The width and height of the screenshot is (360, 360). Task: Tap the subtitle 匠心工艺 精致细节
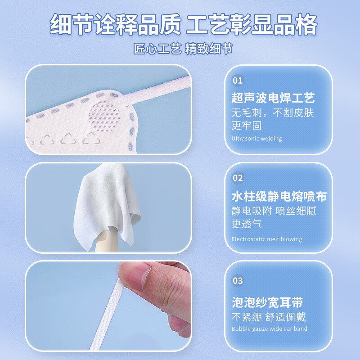tap(183, 49)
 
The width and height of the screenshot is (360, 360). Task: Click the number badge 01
tap(238, 81)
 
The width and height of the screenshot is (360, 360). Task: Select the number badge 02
tap(238, 178)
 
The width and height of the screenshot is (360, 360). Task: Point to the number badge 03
tap(238, 281)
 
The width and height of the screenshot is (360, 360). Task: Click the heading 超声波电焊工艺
tap(273, 98)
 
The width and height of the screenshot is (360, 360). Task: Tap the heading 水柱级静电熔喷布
tap(279, 196)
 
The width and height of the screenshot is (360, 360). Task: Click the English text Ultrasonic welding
tap(256, 139)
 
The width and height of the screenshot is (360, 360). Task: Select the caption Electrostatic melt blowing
tap(266, 239)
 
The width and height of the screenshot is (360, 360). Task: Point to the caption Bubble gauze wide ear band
tap(269, 328)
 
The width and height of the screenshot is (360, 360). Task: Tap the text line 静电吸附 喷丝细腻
tap(274, 210)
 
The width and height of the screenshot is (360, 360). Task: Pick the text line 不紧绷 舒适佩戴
tap(268, 316)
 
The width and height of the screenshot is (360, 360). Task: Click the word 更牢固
tap(247, 126)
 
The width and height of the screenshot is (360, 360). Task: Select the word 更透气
tap(247, 224)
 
